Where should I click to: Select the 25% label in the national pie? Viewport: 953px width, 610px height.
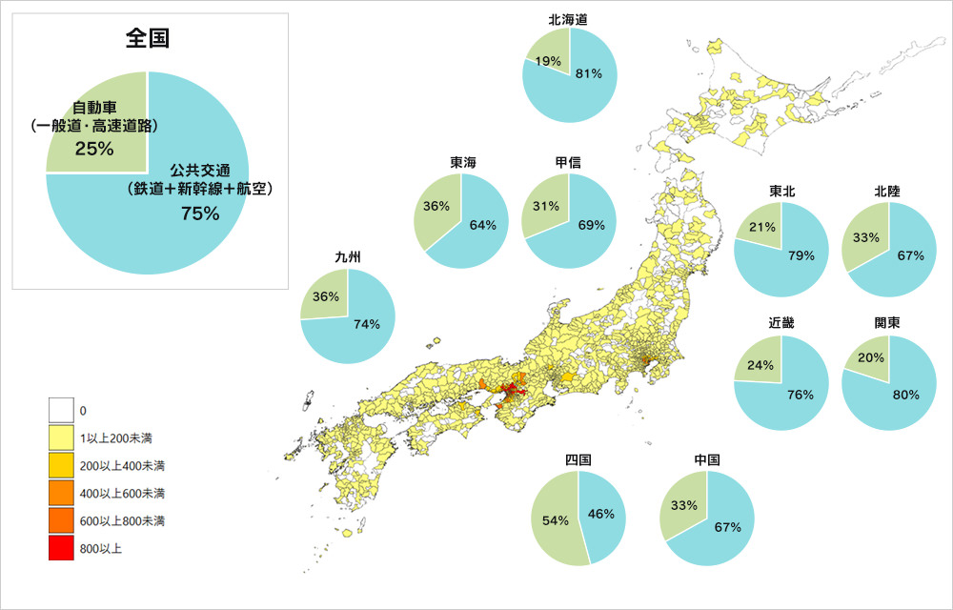pyautogui.click(x=94, y=149)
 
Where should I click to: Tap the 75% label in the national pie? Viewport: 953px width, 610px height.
pyautogui.click(x=200, y=213)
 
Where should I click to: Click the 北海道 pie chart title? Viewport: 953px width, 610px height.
pyautogui.click(x=569, y=18)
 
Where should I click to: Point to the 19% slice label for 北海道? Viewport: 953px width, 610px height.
pyautogui.click(x=548, y=61)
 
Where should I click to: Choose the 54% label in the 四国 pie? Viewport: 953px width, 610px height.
pyautogui.click(x=556, y=520)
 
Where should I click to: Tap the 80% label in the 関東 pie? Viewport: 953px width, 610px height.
pyautogui.click(x=906, y=394)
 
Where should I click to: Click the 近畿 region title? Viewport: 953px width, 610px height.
pyautogui.click(x=781, y=322)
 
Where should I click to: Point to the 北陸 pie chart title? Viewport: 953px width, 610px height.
pyautogui.click(x=887, y=191)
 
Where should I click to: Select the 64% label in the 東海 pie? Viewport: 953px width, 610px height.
pyautogui.click(x=483, y=225)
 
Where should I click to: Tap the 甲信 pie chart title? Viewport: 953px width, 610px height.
pyautogui.click(x=569, y=163)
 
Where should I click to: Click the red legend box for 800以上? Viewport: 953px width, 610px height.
pyautogui.click(x=61, y=549)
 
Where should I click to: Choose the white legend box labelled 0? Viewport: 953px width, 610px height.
pyautogui.click(x=61, y=411)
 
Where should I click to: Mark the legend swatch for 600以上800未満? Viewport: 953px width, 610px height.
pyautogui.click(x=61, y=521)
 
